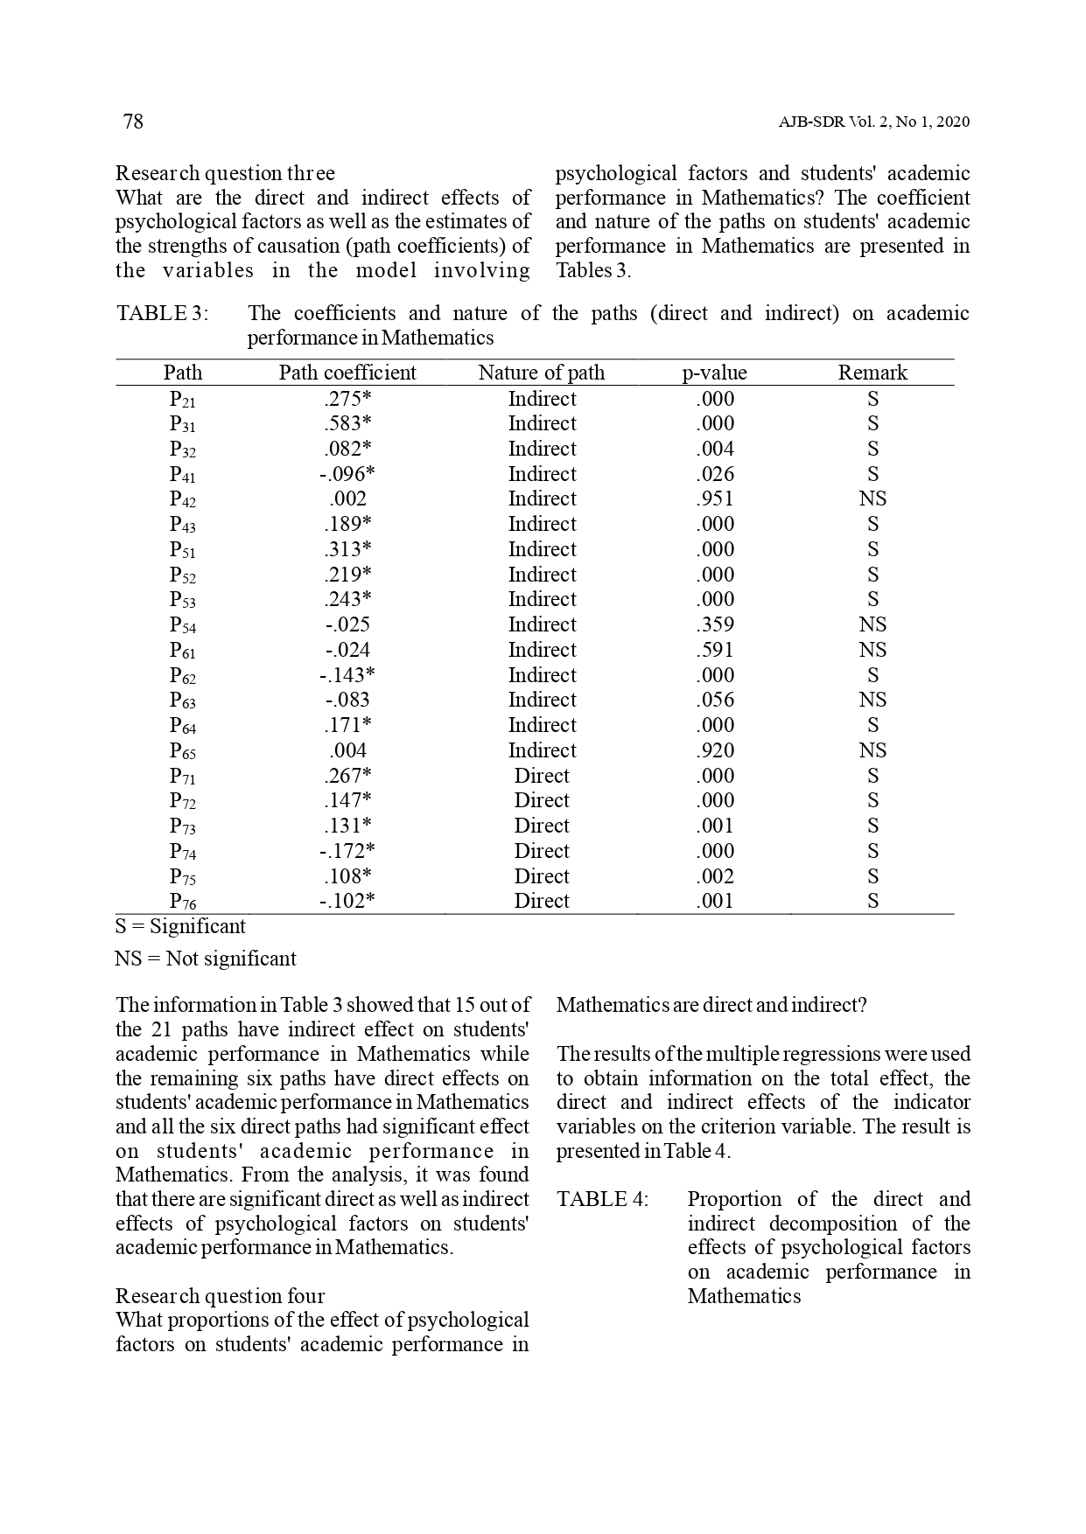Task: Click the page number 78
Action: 133,122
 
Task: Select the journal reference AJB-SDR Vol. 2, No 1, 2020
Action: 873,122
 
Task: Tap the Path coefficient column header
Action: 347,373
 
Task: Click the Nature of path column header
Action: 541,373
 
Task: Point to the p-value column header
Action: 714,373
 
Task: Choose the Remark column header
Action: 872,373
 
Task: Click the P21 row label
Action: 182,400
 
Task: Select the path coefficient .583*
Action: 347,424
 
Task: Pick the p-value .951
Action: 715,499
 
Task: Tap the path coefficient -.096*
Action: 347,474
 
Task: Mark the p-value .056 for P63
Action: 715,700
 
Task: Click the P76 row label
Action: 182,902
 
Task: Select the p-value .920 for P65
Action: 715,750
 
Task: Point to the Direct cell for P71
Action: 542,776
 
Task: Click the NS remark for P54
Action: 872,624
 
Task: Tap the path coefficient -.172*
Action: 347,851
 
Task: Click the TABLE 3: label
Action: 163,313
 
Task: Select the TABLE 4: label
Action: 603,1199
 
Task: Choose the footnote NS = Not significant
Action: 206,959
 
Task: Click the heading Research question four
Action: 220,1296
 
